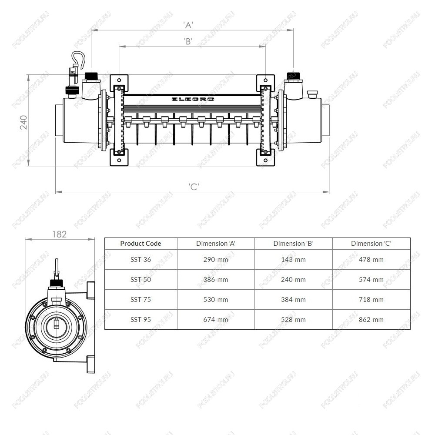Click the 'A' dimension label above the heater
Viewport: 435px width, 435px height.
(x=188, y=25)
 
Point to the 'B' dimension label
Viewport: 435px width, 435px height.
(x=188, y=41)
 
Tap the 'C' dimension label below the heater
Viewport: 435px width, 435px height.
(x=194, y=187)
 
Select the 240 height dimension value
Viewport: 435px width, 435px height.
(x=23, y=122)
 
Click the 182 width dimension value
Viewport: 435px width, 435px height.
(x=59, y=234)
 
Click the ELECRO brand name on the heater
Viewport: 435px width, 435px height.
(x=193, y=99)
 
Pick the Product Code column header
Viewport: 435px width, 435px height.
(x=141, y=244)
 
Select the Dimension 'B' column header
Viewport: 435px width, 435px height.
(x=293, y=244)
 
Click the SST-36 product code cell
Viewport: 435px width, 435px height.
(x=141, y=260)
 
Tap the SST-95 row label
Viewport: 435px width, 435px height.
(x=141, y=320)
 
